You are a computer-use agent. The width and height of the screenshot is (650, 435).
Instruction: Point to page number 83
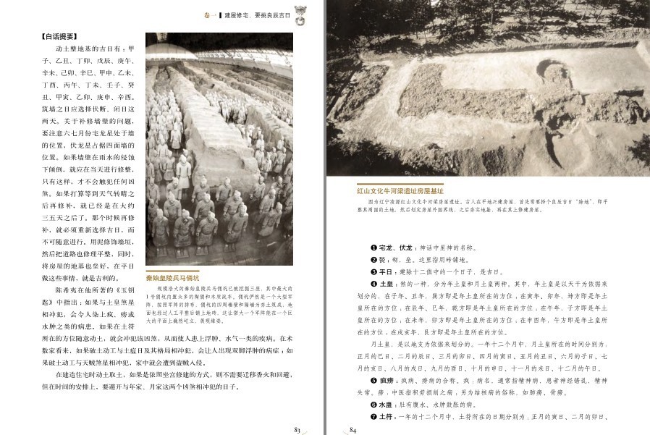point(297,428)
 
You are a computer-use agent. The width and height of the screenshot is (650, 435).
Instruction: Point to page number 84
point(353,428)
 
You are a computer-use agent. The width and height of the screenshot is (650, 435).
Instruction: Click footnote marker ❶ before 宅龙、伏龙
point(373,248)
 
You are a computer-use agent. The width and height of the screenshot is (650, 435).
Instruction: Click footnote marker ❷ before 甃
point(373,259)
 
